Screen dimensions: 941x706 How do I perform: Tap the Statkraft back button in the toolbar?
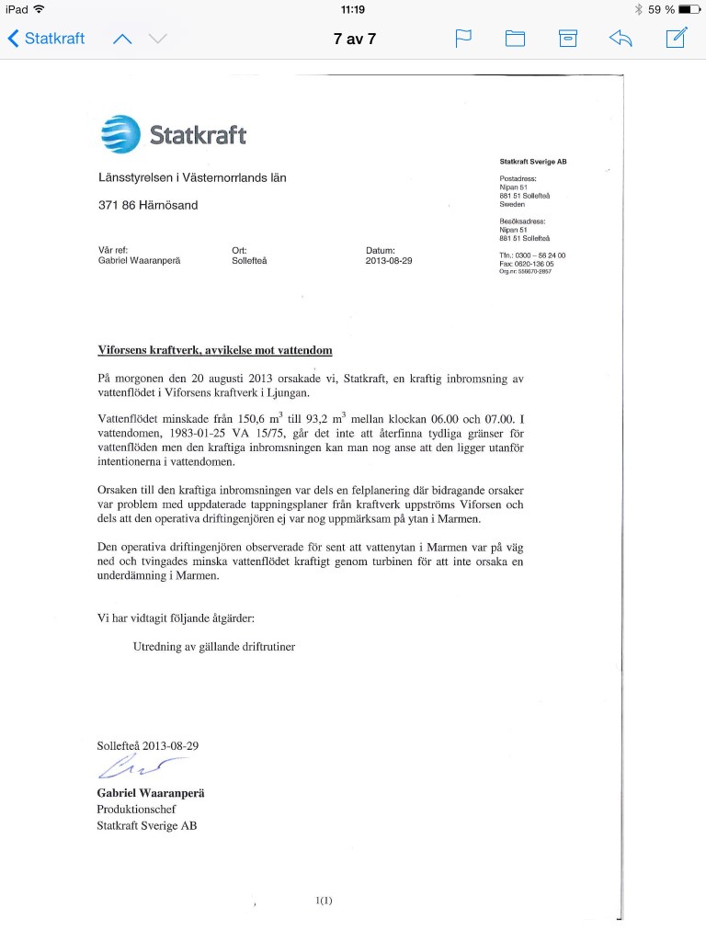pos(46,39)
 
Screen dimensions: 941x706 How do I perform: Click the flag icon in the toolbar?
pos(463,39)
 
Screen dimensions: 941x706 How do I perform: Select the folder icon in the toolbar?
pos(515,39)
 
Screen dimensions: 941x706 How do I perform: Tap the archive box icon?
pos(568,39)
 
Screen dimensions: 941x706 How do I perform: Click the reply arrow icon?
pos(621,39)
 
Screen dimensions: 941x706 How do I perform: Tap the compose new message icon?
pos(676,38)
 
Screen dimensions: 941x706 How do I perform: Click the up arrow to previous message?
pos(122,39)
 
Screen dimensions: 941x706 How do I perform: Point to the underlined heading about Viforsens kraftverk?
pos(215,350)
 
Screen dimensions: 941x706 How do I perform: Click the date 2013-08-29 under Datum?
pos(389,260)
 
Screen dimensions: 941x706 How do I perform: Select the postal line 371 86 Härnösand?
pos(148,205)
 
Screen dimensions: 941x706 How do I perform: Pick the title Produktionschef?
pos(136,809)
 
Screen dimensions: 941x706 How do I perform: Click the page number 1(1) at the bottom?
pos(323,901)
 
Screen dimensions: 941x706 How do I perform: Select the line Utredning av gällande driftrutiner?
pos(214,645)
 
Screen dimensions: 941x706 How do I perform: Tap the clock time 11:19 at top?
pos(353,9)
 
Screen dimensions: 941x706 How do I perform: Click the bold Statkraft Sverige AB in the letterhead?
pos(533,161)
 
